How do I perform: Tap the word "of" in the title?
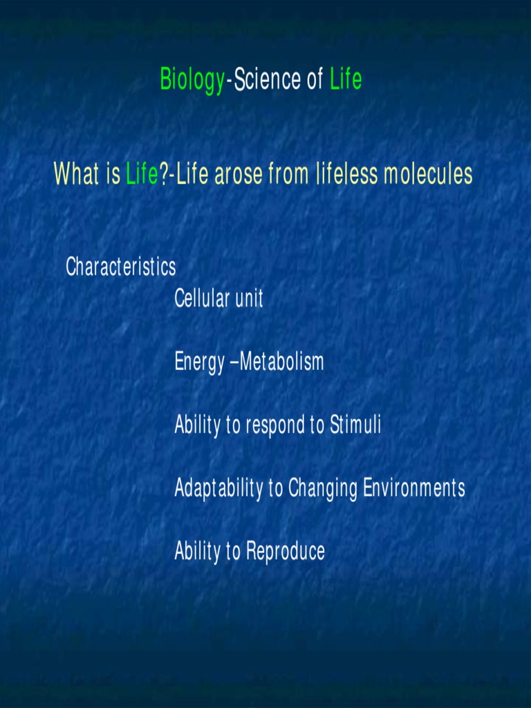click(x=315, y=80)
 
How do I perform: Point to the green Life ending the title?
click(x=346, y=80)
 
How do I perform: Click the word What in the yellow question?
click(x=76, y=174)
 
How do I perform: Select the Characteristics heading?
click(x=121, y=267)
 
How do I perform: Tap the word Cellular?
click(x=201, y=299)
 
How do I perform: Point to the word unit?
click(x=249, y=299)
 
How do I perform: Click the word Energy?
click(x=199, y=362)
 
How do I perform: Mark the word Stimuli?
click(x=355, y=425)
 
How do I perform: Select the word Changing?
click(x=323, y=489)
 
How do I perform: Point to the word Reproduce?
click(x=286, y=552)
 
